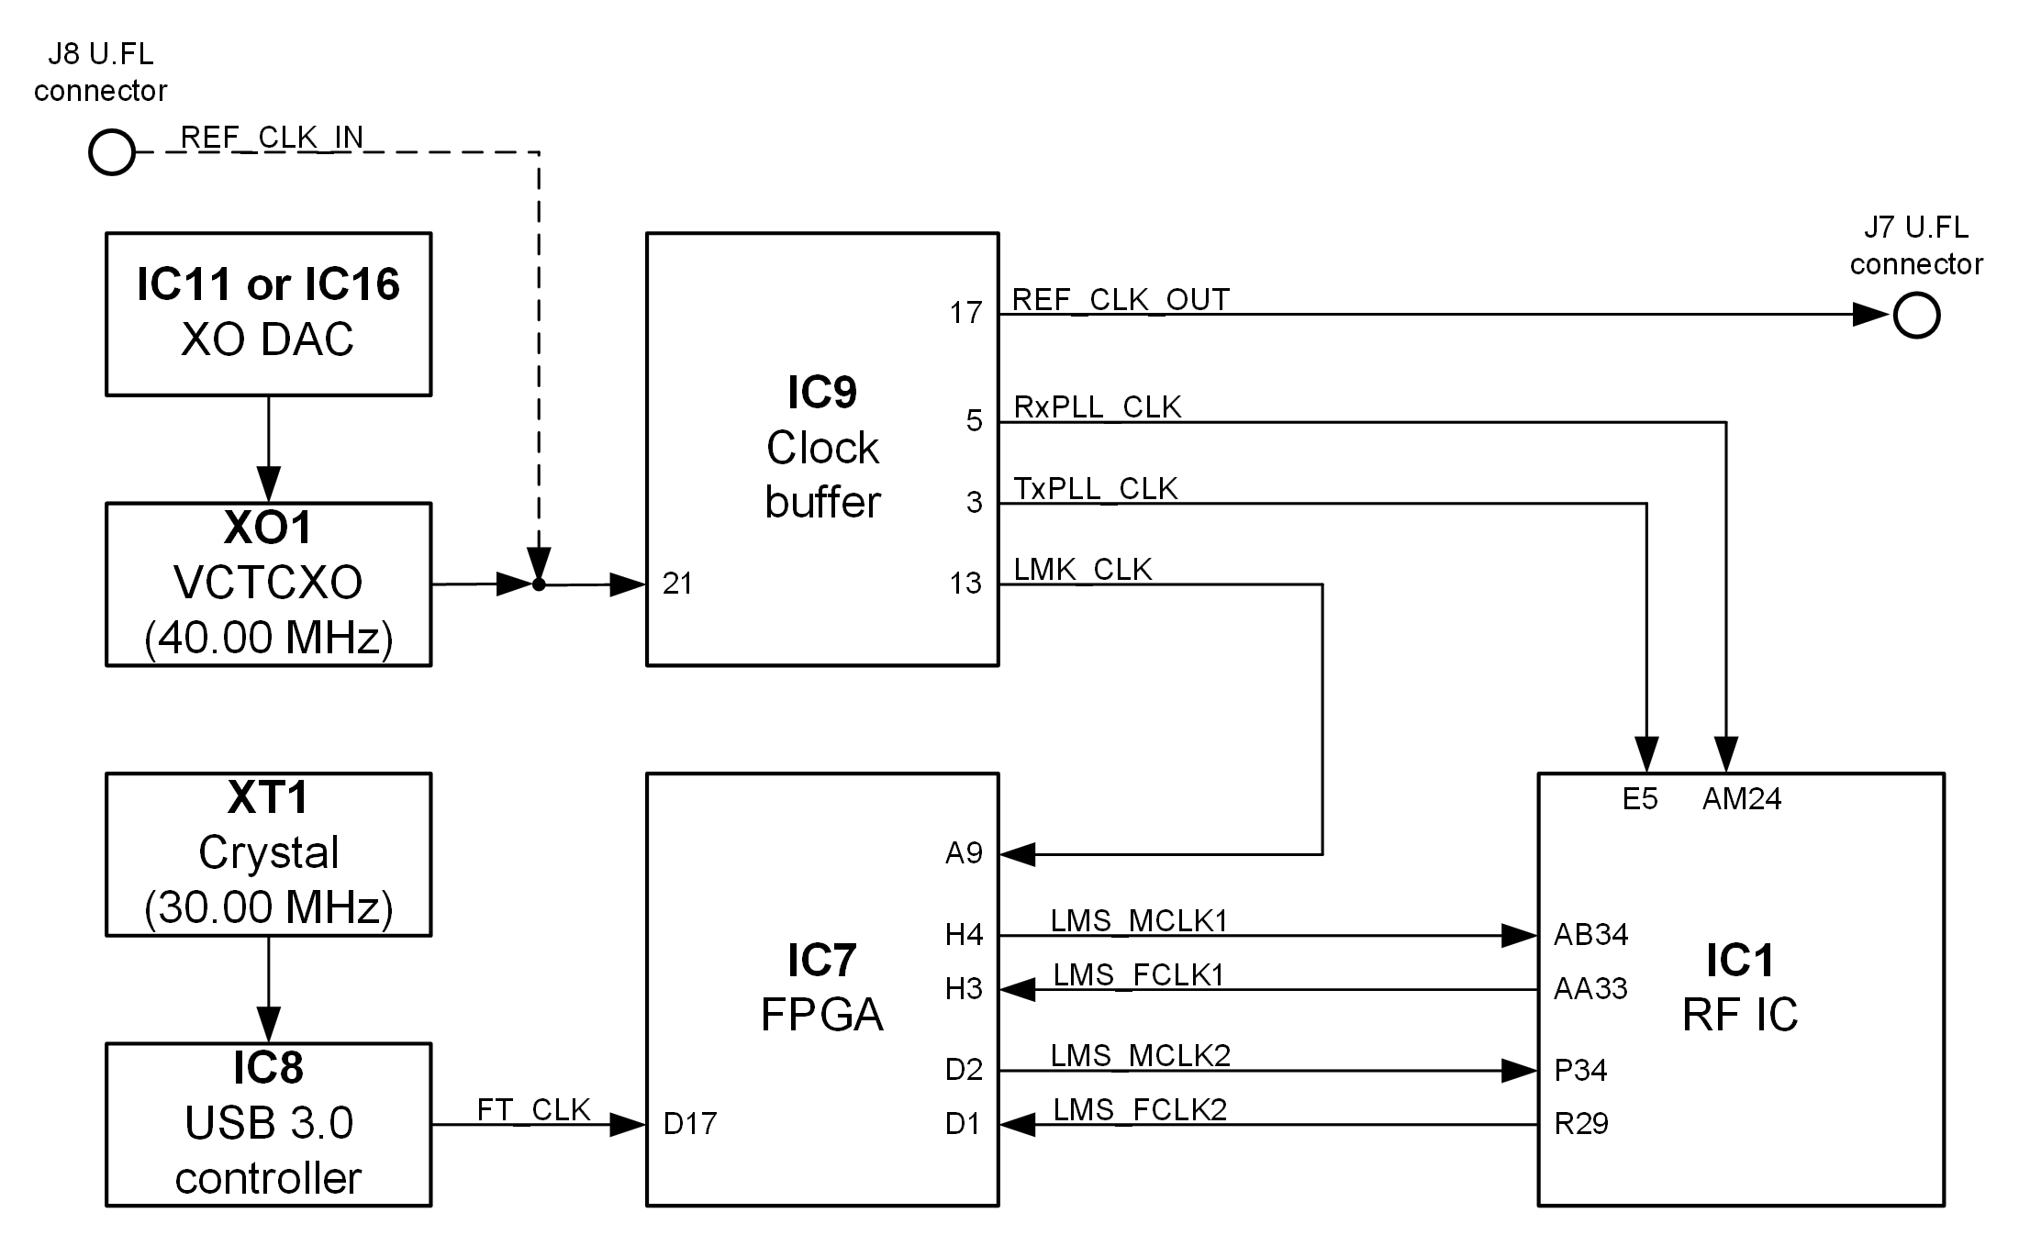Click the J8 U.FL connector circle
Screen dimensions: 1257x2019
112,152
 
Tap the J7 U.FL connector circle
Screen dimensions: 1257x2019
1917,316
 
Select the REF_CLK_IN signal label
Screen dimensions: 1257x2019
273,138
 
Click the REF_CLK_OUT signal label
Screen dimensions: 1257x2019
1121,300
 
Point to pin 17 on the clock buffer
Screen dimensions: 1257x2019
965,314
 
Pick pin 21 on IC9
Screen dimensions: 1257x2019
677,584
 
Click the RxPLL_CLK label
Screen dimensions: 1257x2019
1097,407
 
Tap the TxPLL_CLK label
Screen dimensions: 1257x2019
1095,489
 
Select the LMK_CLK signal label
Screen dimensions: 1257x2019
1082,570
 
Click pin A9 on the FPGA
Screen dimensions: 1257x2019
964,854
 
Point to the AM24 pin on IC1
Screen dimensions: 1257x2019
1741,799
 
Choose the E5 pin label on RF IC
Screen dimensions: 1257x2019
1640,799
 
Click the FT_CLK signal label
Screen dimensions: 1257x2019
533,1110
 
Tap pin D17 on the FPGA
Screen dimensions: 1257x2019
689,1124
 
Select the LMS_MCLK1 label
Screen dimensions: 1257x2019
1139,921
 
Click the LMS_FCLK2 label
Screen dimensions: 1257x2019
1140,1110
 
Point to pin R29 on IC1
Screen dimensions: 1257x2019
1580,1124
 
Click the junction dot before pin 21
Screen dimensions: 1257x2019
539,584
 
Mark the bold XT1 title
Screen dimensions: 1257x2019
268,798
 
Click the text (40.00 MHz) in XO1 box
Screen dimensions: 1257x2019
268,638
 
